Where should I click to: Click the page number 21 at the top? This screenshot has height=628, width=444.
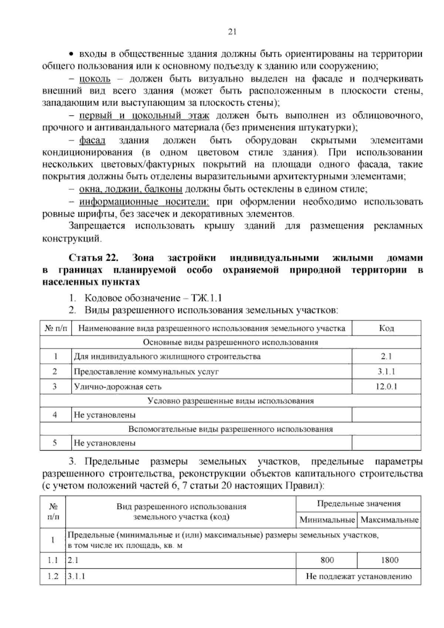click(232, 32)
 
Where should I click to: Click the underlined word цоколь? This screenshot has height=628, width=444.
click(95, 79)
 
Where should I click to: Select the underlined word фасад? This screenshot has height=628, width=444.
click(92, 140)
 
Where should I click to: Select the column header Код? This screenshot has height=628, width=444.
click(386, 328)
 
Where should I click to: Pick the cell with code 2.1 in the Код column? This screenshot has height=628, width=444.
click(386, 357)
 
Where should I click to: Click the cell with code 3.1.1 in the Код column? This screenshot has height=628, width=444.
click(386, 371)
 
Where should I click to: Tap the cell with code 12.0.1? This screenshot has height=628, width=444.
click(386, 387)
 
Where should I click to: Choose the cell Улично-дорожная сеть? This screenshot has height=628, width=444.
click(118, 387)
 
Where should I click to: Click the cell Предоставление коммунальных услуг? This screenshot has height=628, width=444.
click(146, 371)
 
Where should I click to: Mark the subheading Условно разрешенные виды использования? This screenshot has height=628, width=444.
click(231, 401)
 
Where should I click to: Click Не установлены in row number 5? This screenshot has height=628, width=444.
click(105, 443)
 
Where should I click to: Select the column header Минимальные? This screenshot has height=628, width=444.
click(327, 520)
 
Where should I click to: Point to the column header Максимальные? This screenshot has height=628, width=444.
click(389, 520)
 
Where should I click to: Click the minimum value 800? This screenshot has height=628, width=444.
click(327, 560)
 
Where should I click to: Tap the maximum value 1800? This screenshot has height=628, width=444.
click(389, 560)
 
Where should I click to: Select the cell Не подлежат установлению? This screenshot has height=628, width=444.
click(359, 577)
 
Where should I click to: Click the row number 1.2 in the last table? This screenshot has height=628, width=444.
click(53, 577)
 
